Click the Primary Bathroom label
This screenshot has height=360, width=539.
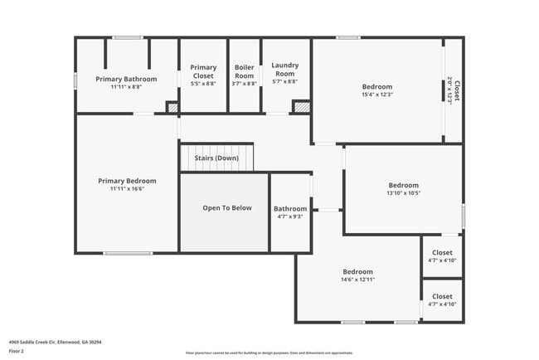[125, 79]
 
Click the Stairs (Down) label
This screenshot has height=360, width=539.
[216, 158]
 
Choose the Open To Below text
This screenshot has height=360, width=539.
[227, 208]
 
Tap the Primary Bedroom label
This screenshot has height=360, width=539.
[127, 181]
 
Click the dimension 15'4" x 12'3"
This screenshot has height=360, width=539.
[377, 95]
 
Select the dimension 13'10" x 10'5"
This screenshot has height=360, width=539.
[404, 193]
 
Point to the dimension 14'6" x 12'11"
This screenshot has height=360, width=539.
[358, 280]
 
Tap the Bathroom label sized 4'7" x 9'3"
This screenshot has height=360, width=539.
[290, 209]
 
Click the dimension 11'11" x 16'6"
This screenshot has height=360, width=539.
[127, 189]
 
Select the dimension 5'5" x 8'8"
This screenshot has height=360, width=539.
[203, 84]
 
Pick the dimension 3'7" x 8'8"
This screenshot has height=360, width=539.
[245, 84]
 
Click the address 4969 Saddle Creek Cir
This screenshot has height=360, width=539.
[56, 341]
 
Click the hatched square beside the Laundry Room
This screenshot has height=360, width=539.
[302, 107]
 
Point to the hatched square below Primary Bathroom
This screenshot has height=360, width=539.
[172, 107]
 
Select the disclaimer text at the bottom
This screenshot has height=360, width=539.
[269, 353]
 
